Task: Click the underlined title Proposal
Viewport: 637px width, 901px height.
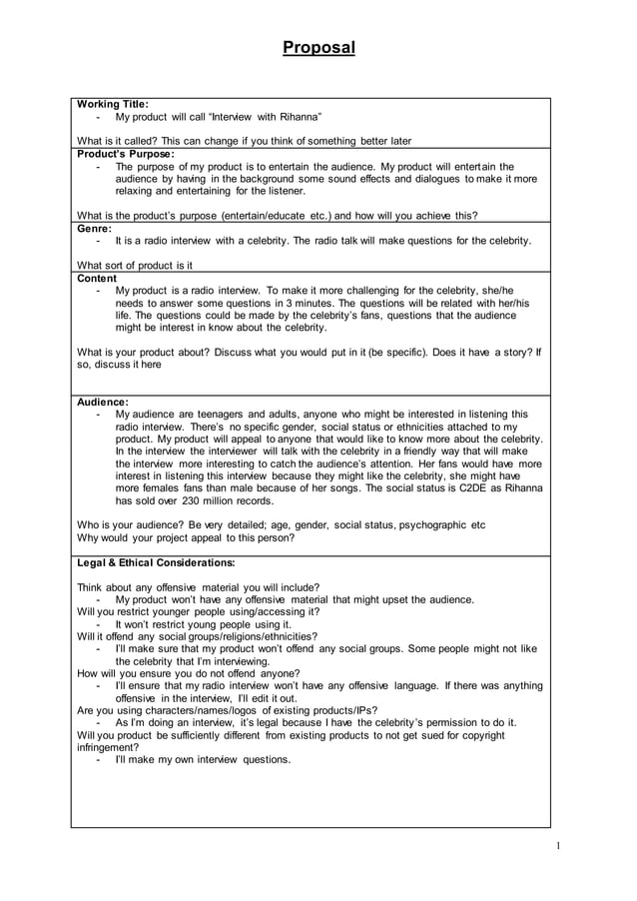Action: pyautogui.click(x=318, y=48)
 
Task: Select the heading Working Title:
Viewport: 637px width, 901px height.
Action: pyautogui.click(x=113, y=104)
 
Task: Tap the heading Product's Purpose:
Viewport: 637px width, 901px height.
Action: pyautogui.click(x=126, y=154)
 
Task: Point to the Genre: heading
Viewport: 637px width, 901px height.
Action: pyautogui.click(x=95, y=228)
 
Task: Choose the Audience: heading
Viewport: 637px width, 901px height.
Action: pyautogui.click(x=103, y=402)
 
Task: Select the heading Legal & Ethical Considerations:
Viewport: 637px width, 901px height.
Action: pyautogui.click(x=156, y=562)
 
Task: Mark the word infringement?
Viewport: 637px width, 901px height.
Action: pyautogui.click(x=108, y=746)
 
